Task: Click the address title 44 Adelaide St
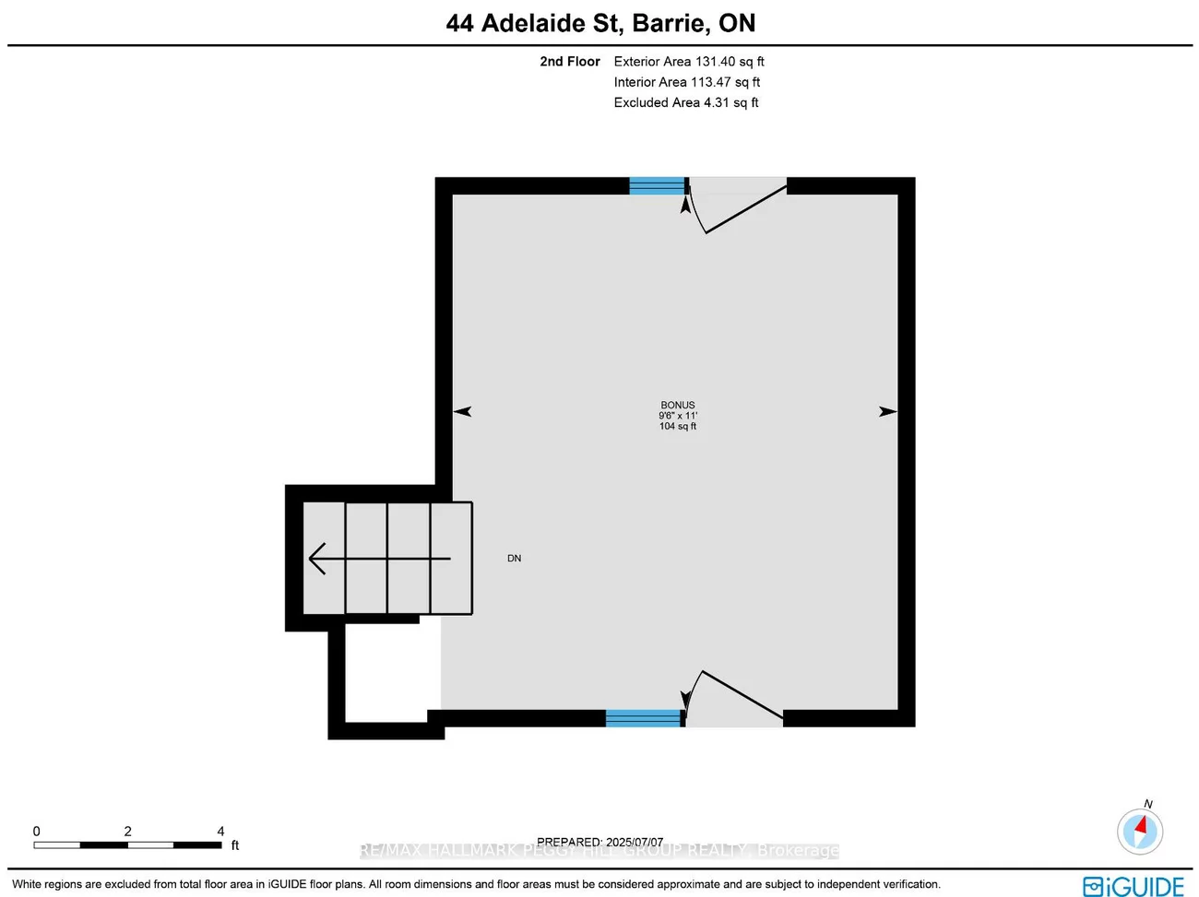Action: pyautogui.click(x=600, y=23)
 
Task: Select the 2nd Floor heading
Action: pyautogui.click(x=569, y=62)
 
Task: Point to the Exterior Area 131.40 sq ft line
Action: pyautogui.click(x=689, y=62)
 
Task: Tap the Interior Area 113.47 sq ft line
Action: pyautogui.click(x=687, y=82)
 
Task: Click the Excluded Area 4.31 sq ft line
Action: pyautogui.click(x=686, y=102)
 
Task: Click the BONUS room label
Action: pyautogui.click(x=678, y=405)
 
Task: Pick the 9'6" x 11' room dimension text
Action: pyautogui.click(x=678, y=416)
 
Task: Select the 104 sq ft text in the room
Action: pyautogui.click(x=678, y=426)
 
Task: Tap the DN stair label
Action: pyautogui.click(x=515, y=559)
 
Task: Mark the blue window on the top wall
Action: pyautogui.click(x=658, y=186)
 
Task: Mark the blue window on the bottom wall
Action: pyautogui.click(x=643, y=718)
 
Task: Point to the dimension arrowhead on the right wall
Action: pyautogui.click(x=888, y=411)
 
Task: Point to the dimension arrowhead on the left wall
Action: pyautogui.click(x=462, y=411)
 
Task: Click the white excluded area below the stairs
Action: pyautogui.click(x=386, y=672)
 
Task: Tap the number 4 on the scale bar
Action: pyautogui.click(x=220, y=832)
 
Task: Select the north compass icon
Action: pyautogui.click(x=1140, y=831)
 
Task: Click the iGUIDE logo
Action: pyautogui.click(x=1134, y=887)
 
